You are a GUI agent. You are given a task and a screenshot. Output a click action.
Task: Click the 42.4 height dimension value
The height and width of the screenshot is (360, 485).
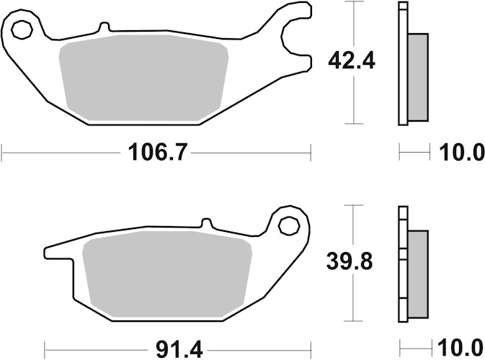pos(352,61)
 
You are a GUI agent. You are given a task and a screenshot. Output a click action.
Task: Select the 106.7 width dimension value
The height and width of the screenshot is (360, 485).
pos(158,152)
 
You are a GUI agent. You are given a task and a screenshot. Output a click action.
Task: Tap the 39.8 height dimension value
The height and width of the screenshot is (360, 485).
pos(350,262)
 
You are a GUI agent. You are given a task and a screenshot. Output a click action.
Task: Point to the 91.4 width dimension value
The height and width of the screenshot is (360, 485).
pos(179,350)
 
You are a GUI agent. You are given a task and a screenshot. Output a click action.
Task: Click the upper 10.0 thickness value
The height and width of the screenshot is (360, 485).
pos(461,152)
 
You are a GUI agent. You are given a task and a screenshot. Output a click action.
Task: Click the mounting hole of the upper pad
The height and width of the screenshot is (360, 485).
pos(22,30)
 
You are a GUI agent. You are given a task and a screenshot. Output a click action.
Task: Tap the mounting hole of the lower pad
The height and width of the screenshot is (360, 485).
pos(289,227)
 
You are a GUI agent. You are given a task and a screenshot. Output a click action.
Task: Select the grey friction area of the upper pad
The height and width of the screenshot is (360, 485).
pos(144,77)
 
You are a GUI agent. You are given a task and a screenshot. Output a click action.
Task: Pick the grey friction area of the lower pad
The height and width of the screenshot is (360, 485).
pos(167,274)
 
